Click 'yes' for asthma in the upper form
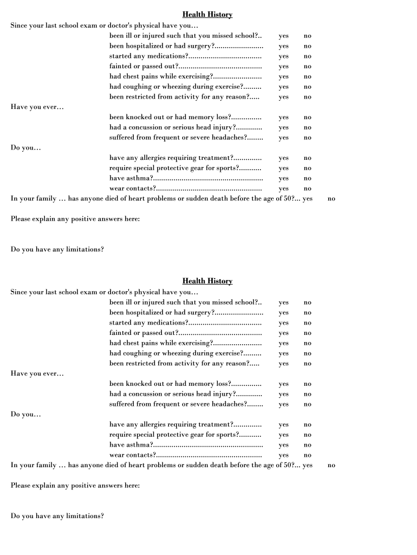point(284,179)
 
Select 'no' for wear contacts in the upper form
point(308,189)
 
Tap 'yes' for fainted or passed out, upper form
point(284,67)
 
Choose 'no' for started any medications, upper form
point(308,56)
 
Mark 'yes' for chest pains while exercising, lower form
point(284,344)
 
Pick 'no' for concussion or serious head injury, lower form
point(308,395)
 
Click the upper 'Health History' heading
point(207,15)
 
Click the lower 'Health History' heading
point(207,281)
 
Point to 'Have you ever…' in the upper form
point(37,107)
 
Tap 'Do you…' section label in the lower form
point(26,415)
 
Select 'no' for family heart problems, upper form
point(331,199)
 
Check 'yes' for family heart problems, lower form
point(308,466)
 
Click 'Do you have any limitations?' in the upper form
point(57,249)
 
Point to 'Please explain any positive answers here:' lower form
point(75,486)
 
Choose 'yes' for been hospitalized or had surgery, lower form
point(284,313)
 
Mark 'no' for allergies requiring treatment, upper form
point(308,158)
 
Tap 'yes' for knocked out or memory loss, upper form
point(284,118)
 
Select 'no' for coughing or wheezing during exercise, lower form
point(308,354)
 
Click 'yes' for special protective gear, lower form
point(284,435)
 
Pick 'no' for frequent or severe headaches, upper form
point(308,138)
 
